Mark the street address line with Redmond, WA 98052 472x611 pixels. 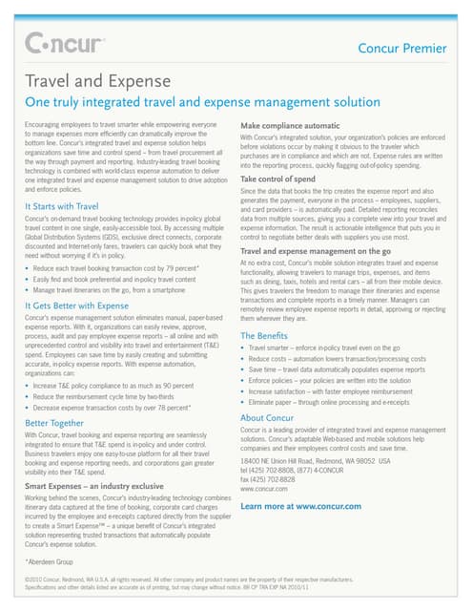tap(315, 460)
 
